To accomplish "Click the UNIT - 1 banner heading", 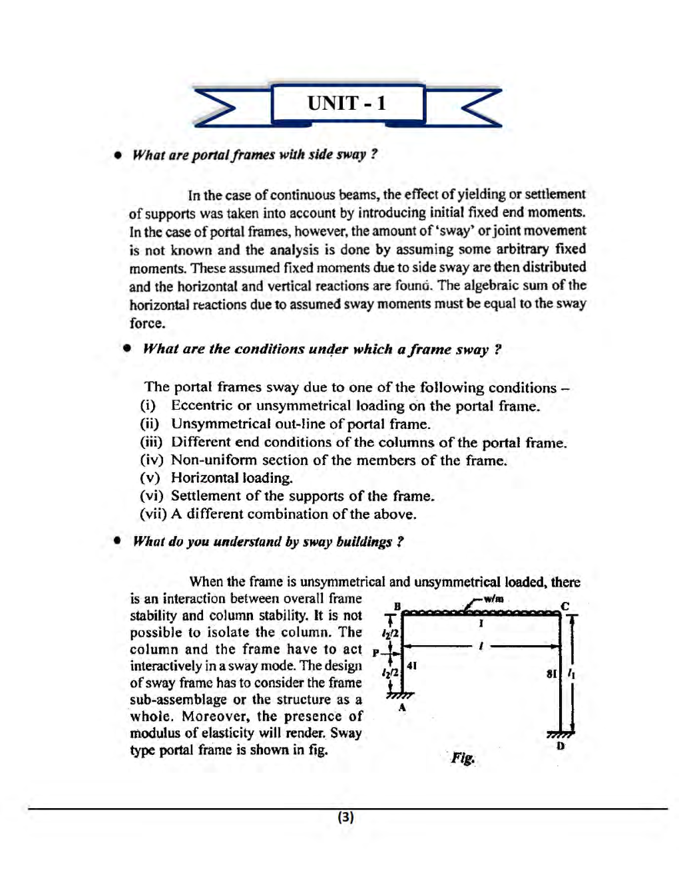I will pos(346,104).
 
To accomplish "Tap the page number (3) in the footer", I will pos(345,817).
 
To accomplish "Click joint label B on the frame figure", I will pos(397,606).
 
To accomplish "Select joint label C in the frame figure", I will pos(565,606).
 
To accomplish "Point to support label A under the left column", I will pos(401,708).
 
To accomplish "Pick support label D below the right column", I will pos(561,746).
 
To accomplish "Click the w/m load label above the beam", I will pos(493,599).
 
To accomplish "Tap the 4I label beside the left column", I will pos(411,665).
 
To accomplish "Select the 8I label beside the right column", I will pos(551,673).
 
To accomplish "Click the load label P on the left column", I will pos(376,653).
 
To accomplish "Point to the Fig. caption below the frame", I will pos(463,758).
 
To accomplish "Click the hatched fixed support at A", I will pos(399,696).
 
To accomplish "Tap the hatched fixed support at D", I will pos(560,734).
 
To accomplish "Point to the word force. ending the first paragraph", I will pos(147,323).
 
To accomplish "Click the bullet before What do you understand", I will pos(117,541).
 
